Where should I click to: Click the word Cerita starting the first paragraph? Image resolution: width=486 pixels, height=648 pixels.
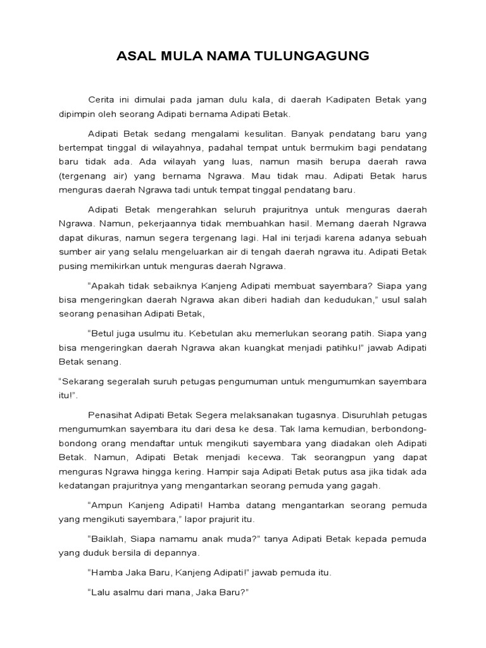(x=103, y=100)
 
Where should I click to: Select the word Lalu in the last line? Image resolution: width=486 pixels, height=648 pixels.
(x=99, y=594)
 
